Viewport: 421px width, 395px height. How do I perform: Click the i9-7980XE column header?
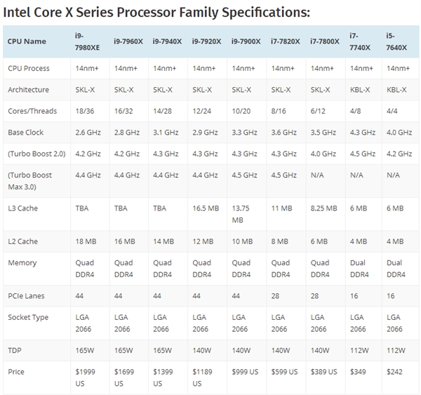pos(87,41)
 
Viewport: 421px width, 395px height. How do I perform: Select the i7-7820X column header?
pos(285,41)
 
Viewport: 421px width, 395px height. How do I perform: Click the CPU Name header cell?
pos(27,41)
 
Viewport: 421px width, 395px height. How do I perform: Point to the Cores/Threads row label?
pos(32,111)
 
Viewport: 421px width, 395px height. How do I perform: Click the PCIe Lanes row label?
pos(26,296)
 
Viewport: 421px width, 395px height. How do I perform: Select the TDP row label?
pos(15,349)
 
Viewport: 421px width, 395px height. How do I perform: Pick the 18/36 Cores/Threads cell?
pos(85,111)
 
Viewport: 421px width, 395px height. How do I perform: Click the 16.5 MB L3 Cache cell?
pos(206,209)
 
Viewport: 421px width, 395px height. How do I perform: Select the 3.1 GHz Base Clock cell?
pos(166,133)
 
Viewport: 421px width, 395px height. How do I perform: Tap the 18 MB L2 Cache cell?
pos(85,241)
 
